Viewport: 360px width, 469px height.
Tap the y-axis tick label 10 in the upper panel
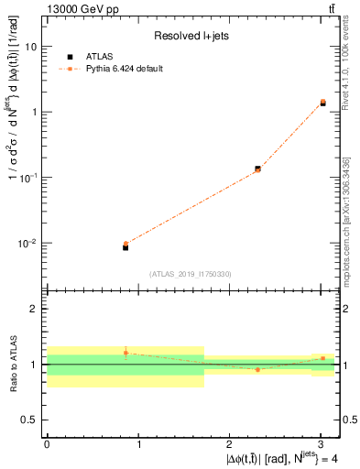coord(31,46)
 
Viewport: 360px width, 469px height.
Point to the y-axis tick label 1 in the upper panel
coord(35,112)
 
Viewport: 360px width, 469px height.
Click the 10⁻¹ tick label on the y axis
coord(29,178)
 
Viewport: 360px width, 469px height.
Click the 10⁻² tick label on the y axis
coord(29,244)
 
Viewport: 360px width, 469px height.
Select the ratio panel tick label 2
coord(35,310)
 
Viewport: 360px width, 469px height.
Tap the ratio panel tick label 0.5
coord(31,420)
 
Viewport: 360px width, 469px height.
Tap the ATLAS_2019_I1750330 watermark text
coord(191,274)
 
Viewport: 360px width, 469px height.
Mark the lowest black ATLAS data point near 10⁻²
coord(125,247)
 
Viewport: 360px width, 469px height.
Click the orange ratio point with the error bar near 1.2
coord(125,353)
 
